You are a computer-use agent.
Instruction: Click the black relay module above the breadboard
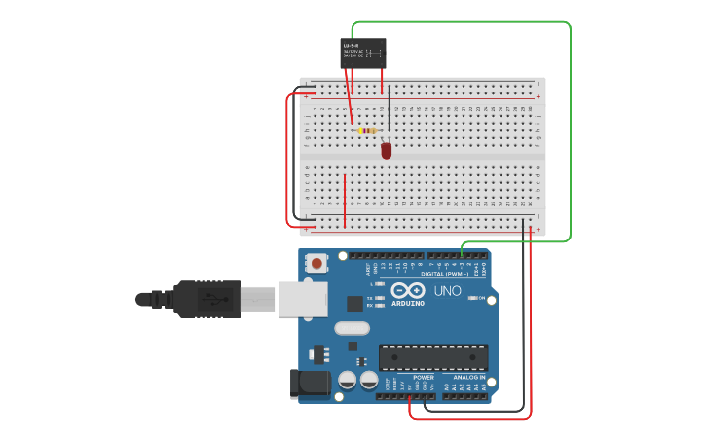pos(362,53)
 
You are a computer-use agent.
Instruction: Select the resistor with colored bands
pos(367,130)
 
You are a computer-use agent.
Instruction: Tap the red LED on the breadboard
pos(387,151)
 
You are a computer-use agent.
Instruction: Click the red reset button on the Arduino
pos(317,262)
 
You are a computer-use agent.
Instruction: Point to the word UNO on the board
pos(447,291)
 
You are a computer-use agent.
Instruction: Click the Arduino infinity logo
pos(408,290)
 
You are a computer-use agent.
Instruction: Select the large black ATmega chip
pos(433,357)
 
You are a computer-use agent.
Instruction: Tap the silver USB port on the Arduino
pos(303,299)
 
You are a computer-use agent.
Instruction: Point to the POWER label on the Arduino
pos(423,377)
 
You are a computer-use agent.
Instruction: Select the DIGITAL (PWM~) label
pos(444,274)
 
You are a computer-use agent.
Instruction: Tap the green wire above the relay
pos(458,22)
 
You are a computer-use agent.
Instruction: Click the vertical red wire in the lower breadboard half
pos(345,200)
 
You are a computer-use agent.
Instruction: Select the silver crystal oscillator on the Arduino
pos(352,328)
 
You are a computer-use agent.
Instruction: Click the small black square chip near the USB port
pos(354,304)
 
